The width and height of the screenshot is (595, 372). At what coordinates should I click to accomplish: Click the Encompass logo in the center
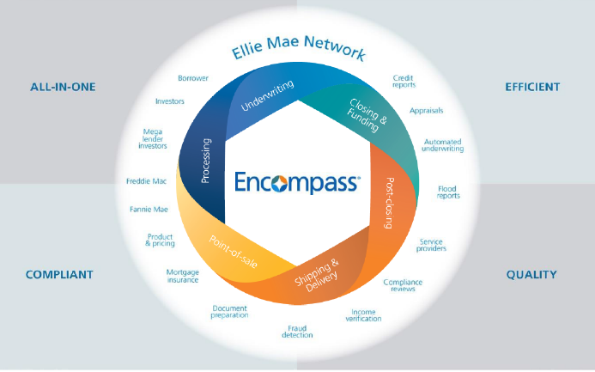pyautogui.click(x=297, y=182)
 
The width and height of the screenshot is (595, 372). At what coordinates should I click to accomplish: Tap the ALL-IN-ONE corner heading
pyautogui.click(x=62, y=87)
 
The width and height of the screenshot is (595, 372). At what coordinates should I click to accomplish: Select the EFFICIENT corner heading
pyautogui.click(x=532, y=87)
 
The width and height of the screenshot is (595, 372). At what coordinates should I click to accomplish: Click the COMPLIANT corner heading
pyautogui.click(x=59, y=275)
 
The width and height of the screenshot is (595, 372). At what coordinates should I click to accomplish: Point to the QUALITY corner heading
pyautogui.click(x=531, y=275)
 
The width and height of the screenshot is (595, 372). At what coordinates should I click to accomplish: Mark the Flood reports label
pyautogui.click(x=448, y=192)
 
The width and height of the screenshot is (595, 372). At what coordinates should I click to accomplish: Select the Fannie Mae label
pyautogui.click(x=148, y=209)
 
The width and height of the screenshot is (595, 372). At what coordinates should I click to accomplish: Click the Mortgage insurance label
pyautogui.click(x=183, y=275)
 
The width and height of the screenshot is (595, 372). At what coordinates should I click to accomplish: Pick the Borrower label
pyautogui.click(x=193, y=77)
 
